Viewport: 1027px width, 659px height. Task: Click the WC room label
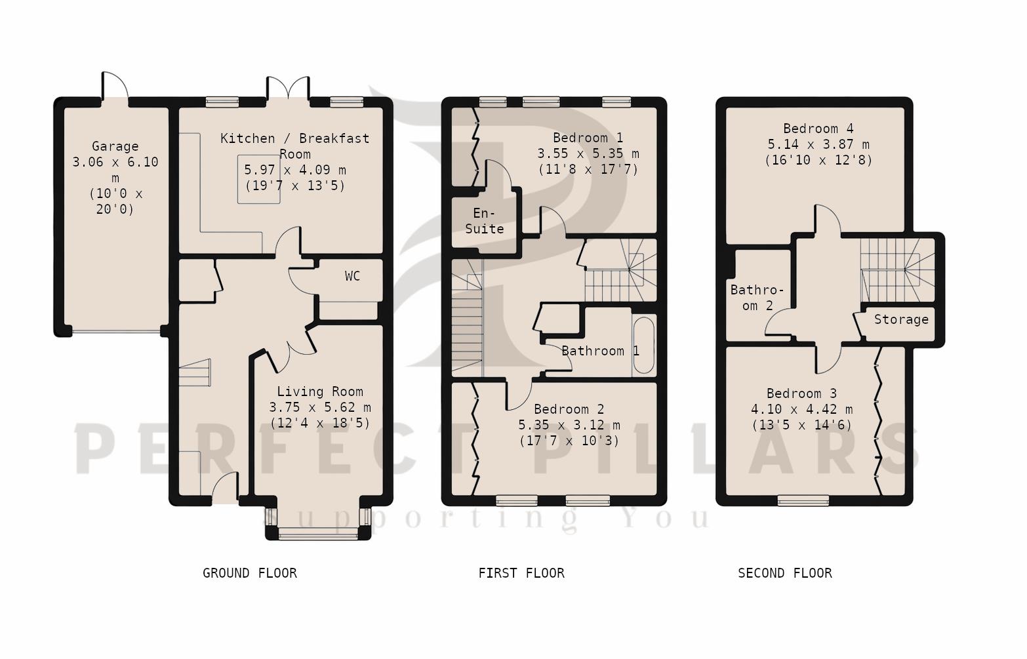[x=352, y=276]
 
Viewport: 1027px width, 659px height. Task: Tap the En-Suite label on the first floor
[x=484, y=221]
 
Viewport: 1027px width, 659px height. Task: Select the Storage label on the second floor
[x=900, y=319]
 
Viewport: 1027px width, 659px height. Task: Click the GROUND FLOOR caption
[x=249, y=573]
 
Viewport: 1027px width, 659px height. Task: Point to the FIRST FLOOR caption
[x=521, y=573]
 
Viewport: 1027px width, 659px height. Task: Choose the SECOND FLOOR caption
[x=784, y=573]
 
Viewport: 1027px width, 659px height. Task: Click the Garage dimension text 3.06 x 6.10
[x=115, y=162]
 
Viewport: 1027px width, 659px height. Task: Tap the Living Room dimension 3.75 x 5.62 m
[x=319, y=407]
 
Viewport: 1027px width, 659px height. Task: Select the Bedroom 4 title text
[x=818, y=129]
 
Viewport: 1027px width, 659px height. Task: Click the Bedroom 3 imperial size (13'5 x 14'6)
[x=801, y=425]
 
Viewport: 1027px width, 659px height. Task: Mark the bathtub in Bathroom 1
[x=643, y=346]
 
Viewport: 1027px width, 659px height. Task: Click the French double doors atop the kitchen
[x=288, y=89]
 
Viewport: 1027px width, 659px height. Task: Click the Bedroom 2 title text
[x=569, y=409]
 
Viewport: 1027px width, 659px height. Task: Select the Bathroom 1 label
[x=599, y=351]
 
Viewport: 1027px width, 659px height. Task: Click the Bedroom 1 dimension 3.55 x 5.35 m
[x=588, y=153]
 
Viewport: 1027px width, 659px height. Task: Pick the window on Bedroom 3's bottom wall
[x=803, y=500]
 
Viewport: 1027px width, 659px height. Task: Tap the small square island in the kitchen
[x=258, y=179]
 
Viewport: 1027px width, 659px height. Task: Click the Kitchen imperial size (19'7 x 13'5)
[x=294, y=186]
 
